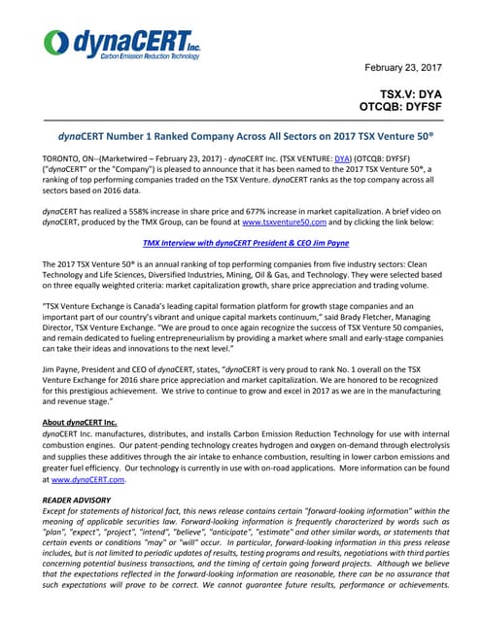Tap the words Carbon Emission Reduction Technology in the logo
point(151,56)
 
